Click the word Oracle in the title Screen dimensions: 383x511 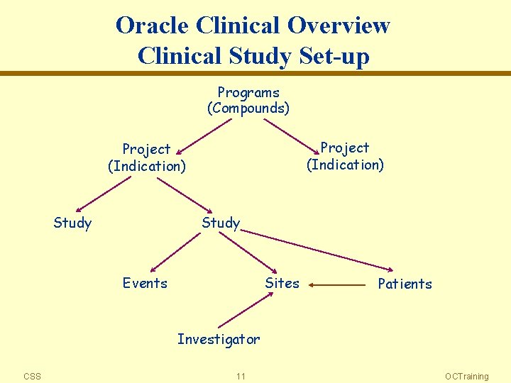(x=153, y=26)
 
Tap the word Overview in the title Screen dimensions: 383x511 (x=339, y=26)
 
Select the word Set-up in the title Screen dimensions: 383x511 (x=330, y=55)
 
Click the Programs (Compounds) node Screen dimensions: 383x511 (x=248, y=101)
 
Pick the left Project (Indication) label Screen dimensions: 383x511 (x=147, y=157)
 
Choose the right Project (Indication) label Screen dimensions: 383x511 (x=345, y=156)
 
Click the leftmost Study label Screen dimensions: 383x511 (x=72, y=223)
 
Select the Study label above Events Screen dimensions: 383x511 (x=221, y=223)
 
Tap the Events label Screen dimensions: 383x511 (x=145, y=284)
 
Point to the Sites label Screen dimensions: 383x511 (x=282, y=284)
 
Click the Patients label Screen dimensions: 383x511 (x=405, y=284)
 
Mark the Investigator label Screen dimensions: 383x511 (x=219, y=340)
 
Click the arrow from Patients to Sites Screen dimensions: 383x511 (x=337, y=285)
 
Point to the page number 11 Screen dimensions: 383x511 (x=241, y=377)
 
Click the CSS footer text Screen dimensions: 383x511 (x=32, y=377)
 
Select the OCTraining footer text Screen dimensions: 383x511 (x=466, y=377)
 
